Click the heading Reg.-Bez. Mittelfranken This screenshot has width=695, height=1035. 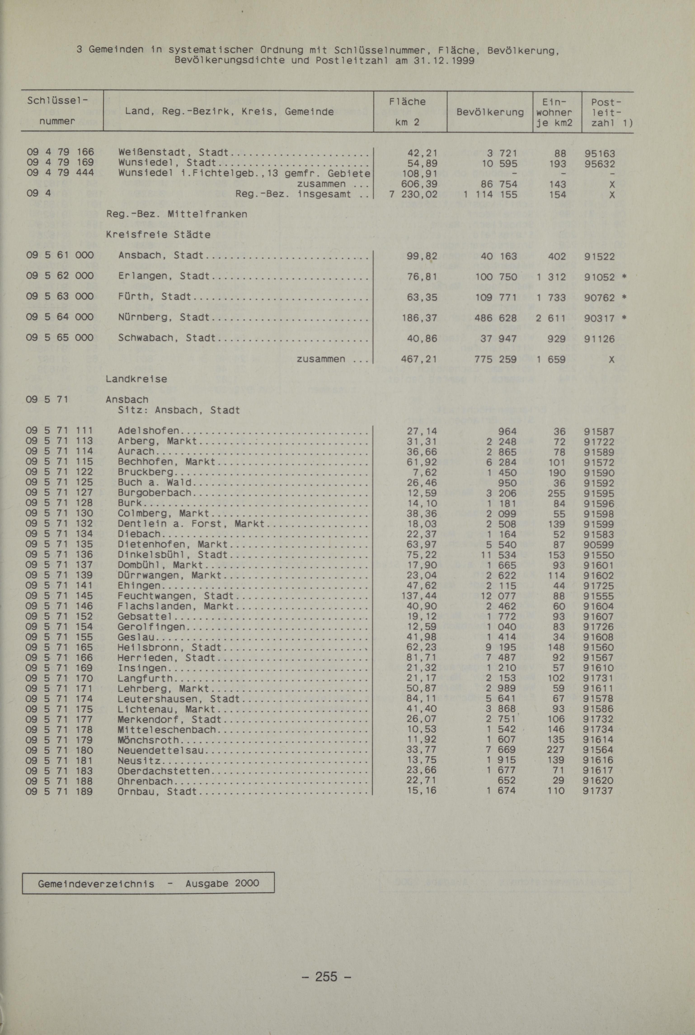(176, 214)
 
